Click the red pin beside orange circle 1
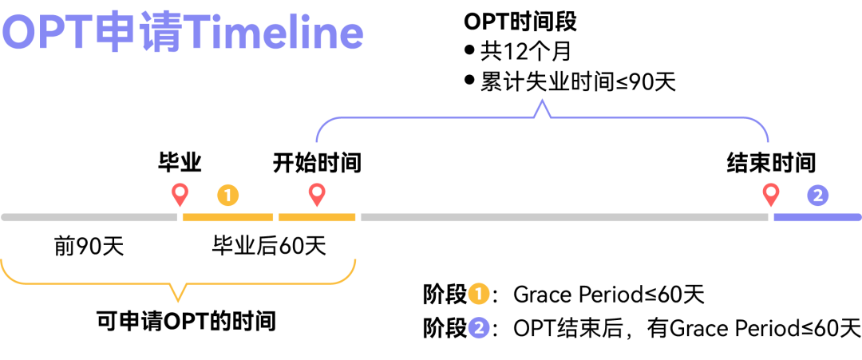(x=180, y=193)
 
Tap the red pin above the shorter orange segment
(x=317, y=193)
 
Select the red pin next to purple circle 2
(x=770, y=193)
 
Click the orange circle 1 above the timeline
(x=228, y=195)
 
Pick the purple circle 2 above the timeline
(x=818, y=195)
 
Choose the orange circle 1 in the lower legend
(x=479, y=294)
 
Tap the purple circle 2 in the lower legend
(x=479, y=327)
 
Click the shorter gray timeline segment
(x=89, y=217)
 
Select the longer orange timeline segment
(x=227, y=217)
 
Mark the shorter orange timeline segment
(x=317, y=217)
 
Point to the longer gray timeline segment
(x=563, y=217)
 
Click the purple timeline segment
(x=817, y=217)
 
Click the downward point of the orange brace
(x=178, y=300)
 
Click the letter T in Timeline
(x=198, y=34)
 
